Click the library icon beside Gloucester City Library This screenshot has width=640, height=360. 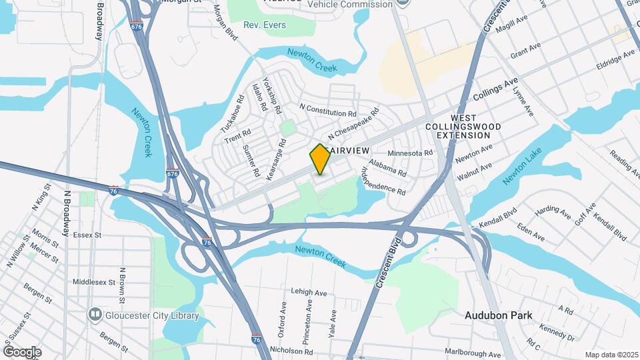click(x=95, y=314)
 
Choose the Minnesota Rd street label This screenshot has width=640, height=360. click(x=410, y=153)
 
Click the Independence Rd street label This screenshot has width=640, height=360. click(x=383, y=180)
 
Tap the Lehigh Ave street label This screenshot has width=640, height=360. click(x=309, y=292)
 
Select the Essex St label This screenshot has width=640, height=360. click(x=87, y=235)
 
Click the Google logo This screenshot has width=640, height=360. click(x=22, y=351)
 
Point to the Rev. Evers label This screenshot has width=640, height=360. click(x=265, y=25)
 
